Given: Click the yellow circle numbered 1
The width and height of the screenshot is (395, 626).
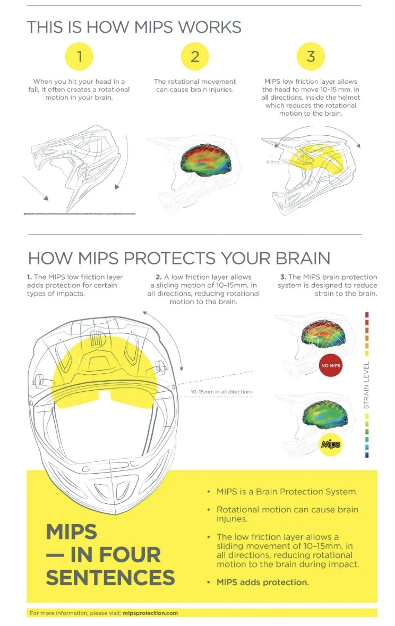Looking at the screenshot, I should (x=79, y=56).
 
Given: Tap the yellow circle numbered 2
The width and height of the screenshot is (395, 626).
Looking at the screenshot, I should (x=195, y=56).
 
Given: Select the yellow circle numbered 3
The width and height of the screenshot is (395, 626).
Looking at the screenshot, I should (x=311, y=56).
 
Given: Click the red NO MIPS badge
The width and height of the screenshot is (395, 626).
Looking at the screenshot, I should (x=330, y=365).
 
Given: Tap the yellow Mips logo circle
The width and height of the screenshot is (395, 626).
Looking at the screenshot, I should (x=331, y=445).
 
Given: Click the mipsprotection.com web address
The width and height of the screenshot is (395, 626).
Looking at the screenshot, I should (x=150, y=613).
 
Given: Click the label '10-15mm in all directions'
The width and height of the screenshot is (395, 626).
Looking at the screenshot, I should (x=221, y=391).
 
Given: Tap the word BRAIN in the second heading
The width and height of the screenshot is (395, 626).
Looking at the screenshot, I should (x=303, y=258).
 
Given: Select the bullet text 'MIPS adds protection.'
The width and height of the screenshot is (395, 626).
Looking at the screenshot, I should (x=263, y=582).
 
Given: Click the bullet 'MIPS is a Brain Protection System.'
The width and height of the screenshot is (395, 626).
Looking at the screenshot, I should (x=287, y=492).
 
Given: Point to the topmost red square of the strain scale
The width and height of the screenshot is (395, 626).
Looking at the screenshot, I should (x=367, y=315).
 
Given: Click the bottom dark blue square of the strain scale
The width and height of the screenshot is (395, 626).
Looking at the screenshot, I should (x=367, y=455).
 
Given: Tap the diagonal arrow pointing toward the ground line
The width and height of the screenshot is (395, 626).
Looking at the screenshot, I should (x=36, y=188).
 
